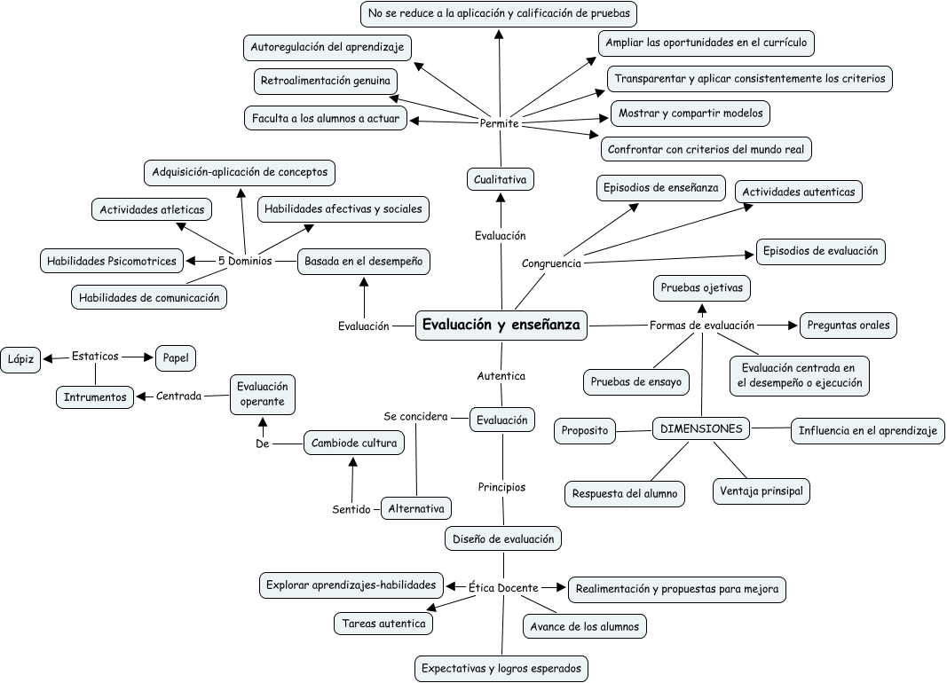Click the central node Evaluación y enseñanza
[501, 326]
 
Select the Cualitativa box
[501, 179]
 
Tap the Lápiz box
[21, 358]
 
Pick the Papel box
[176, 357]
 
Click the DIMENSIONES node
[701, 428]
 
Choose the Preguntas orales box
[848, 325]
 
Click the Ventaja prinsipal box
[762, 491]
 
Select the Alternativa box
[415, 508]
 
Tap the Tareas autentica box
[384, 624]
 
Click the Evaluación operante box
[263, 394]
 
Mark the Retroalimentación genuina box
[325, 81]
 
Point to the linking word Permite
[499, 123]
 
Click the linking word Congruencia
[551, 263]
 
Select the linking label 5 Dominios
[244, 261]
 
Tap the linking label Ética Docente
[503, 587]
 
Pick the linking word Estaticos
[95, 357]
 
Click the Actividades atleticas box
[152, 209]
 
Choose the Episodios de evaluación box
[820, 251]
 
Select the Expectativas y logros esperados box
[502, 668]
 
